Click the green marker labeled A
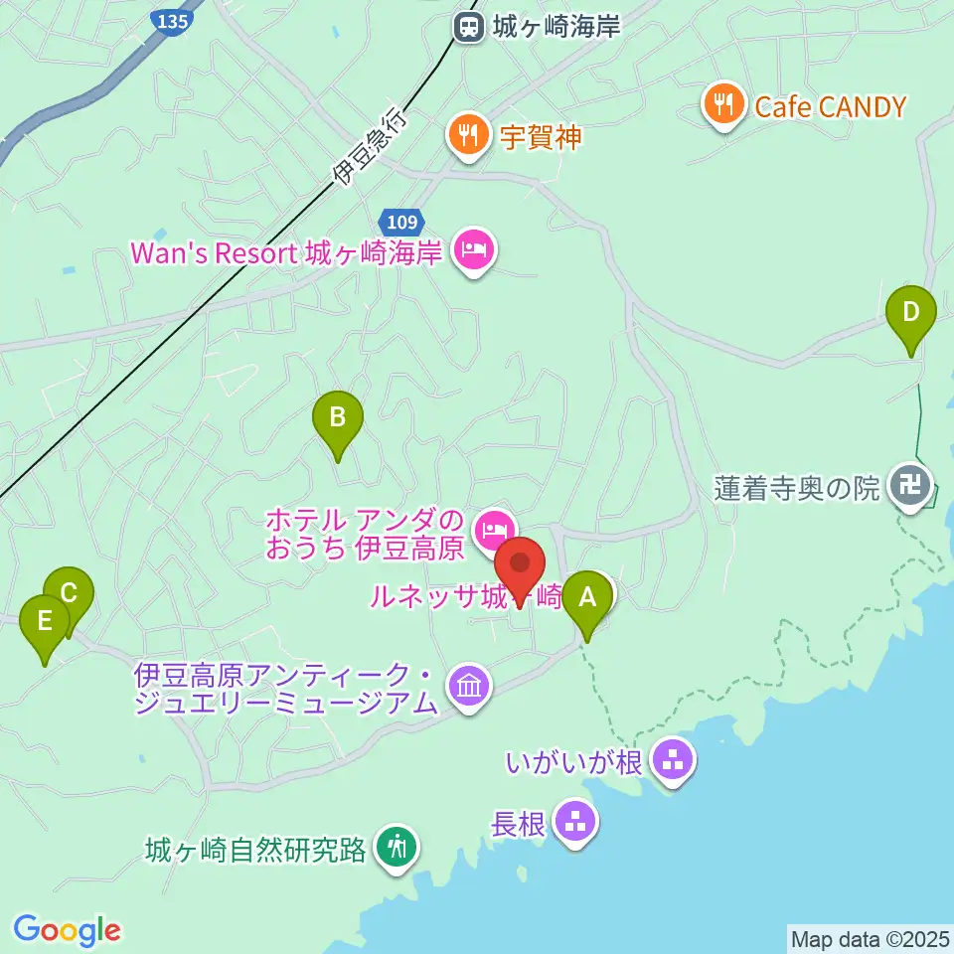pyautogui.click(x=587, y=599)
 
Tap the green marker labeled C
pyautogui.click(x=69, y=594)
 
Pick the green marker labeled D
pyautogui.click(x=911, y=313)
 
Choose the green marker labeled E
pyautogui.click(x=45, y=623)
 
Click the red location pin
pyautogui.click(x=519, y=565)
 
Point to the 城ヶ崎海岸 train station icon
pyautogui.click(x=467, y=27)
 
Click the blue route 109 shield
pyautogui.click(x=402, y=221)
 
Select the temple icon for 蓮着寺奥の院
pyautogui.click(x=910, y=487)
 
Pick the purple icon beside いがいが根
pyautogui.click(x=674, y=762)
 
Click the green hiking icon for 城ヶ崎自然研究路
pyautogui.click(x=397, y=848)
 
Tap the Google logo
pyautogui.click(x=68, y=930)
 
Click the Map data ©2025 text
pyautogui.click(x=869, y=939)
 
